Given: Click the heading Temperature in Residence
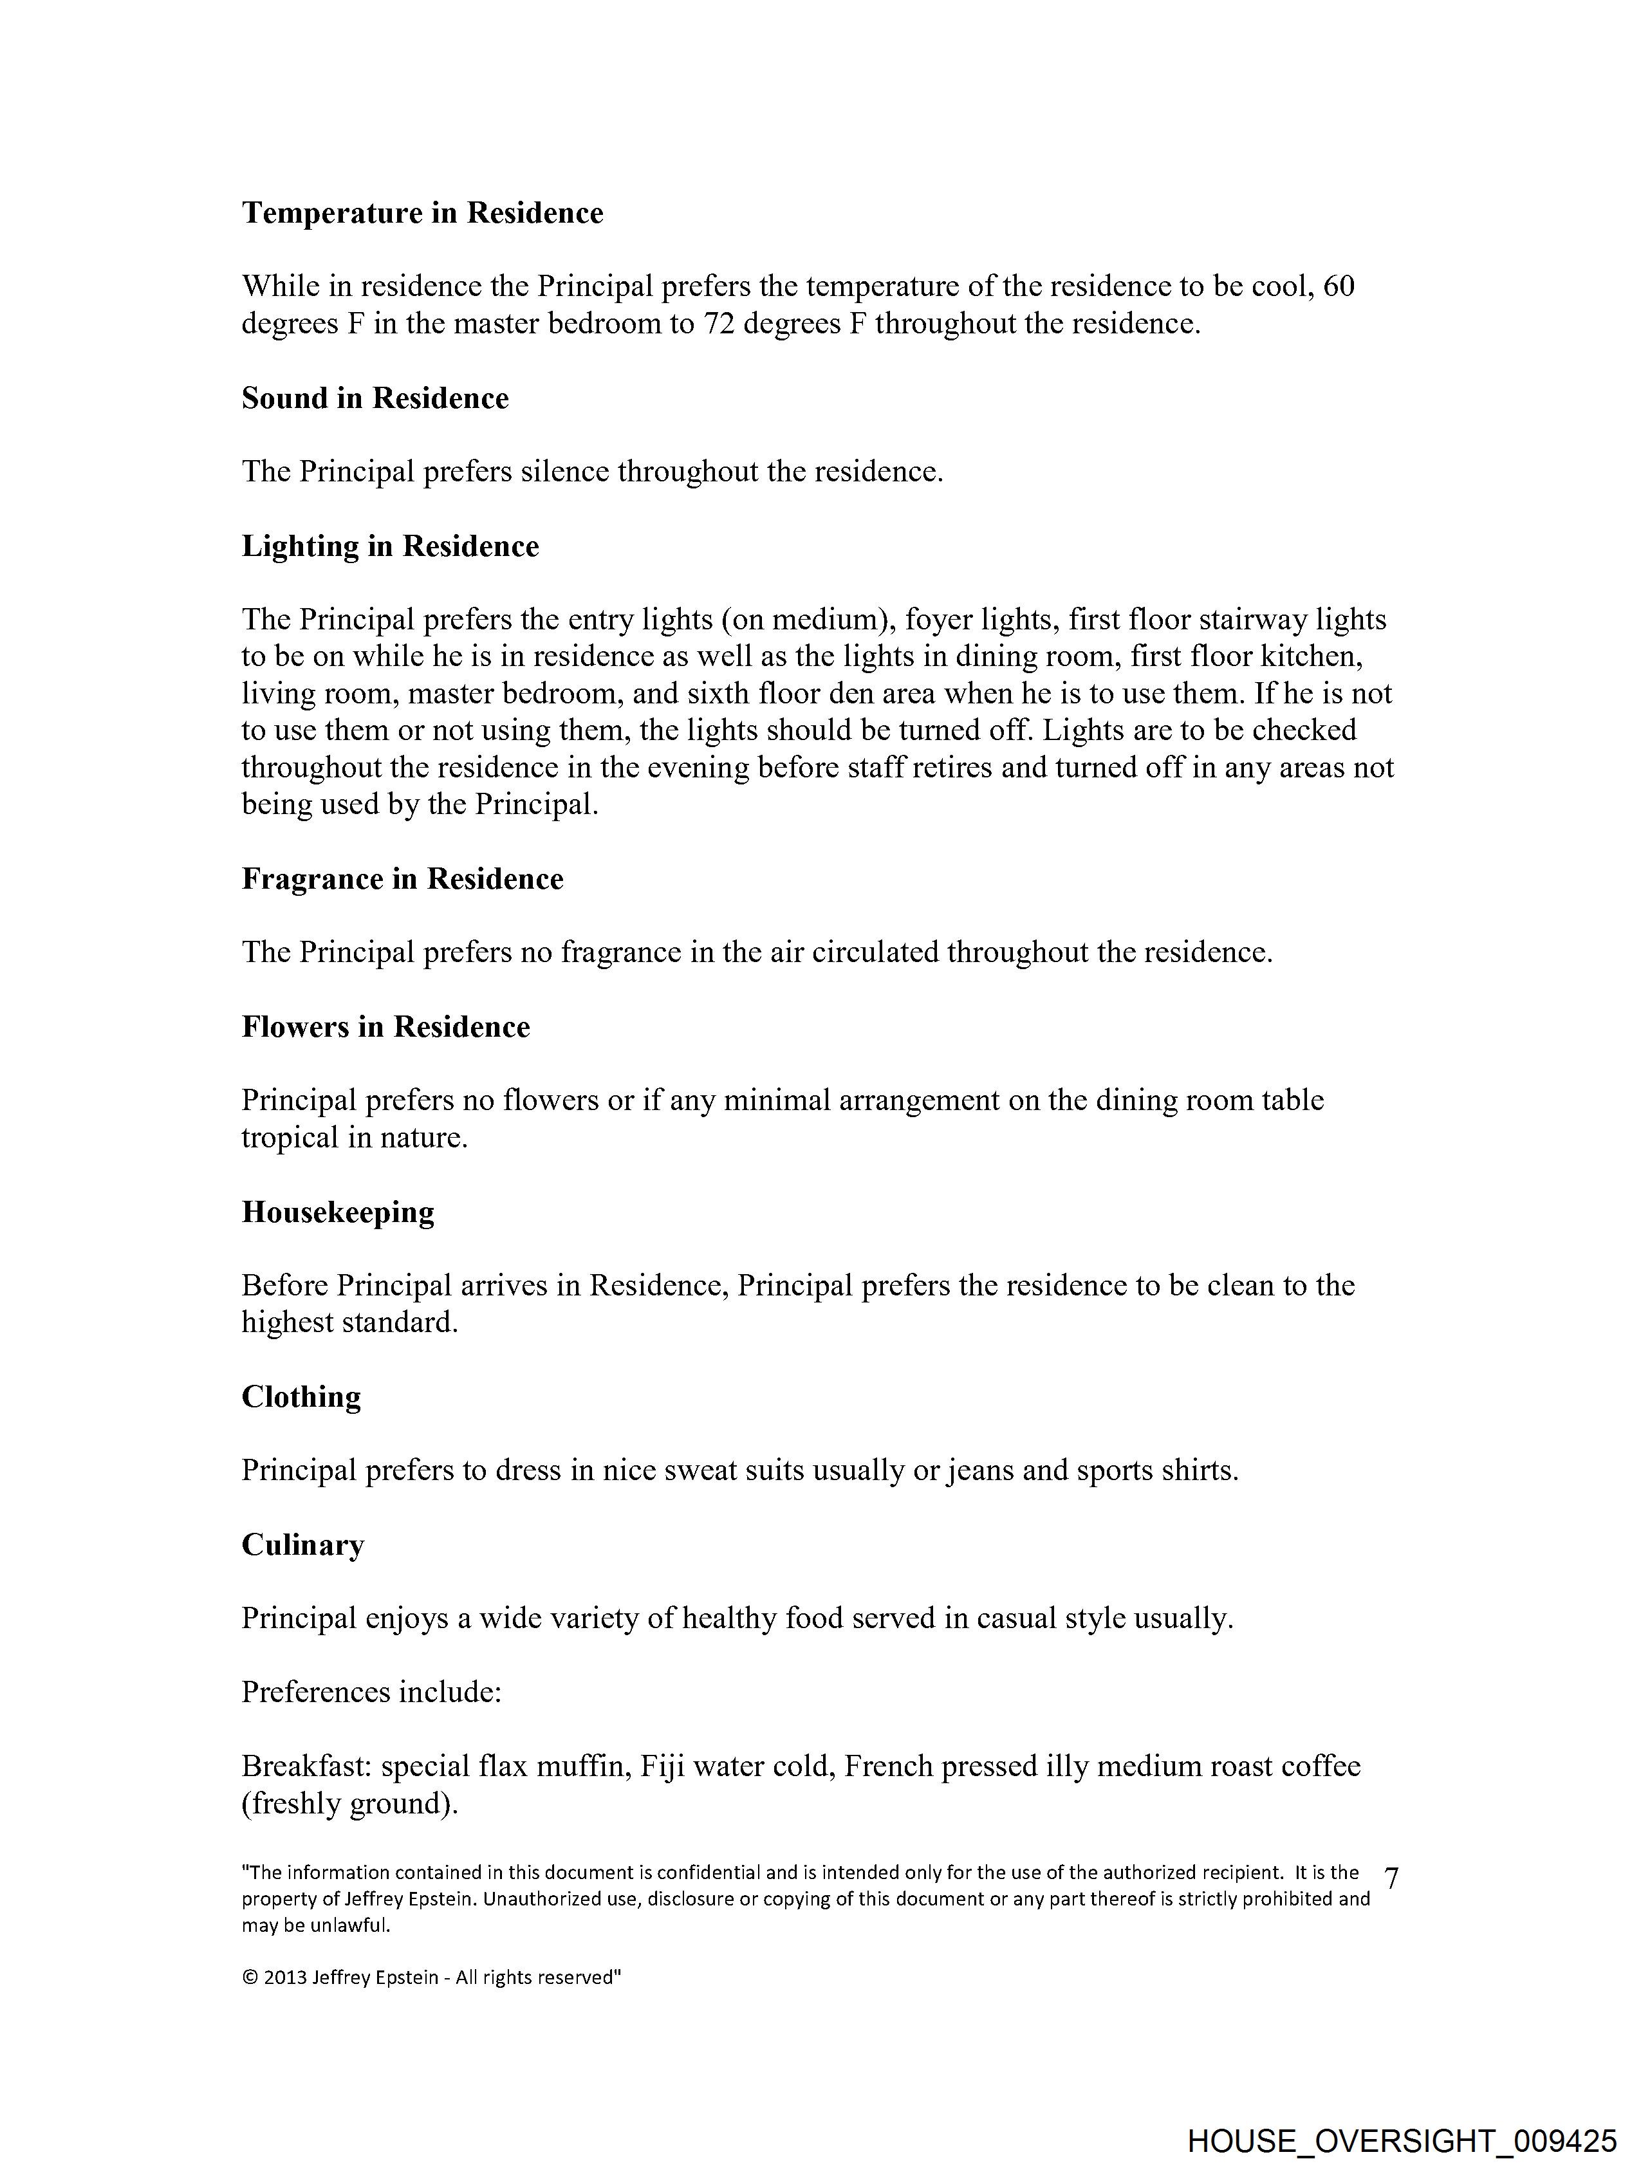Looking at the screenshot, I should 423,213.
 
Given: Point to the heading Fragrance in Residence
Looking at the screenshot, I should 402,878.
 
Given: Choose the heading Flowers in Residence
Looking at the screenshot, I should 385,1026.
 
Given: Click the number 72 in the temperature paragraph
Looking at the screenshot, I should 719,324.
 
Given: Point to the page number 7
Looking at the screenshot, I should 1391,1877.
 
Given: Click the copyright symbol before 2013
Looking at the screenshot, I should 249,1978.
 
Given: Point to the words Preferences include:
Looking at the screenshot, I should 371,1692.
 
